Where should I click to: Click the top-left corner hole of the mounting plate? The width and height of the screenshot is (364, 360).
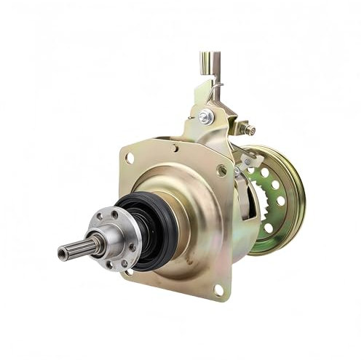tap(130, 156)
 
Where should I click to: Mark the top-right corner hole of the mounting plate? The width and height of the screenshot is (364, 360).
tap(221, 170)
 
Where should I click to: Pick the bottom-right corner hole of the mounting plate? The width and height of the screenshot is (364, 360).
tap(218, 289)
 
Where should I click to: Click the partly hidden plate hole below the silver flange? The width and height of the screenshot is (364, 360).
tap(130, 271)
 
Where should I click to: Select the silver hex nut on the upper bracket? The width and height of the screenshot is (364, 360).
tap(206, 116)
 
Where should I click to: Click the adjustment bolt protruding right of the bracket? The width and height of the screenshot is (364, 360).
tap(250, 130)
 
